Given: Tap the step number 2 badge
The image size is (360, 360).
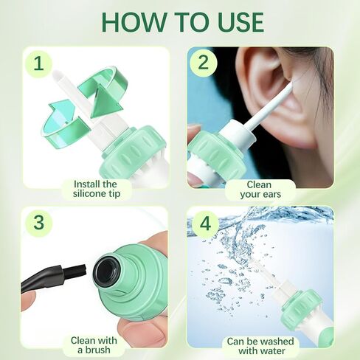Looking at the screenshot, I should (x=204, y=64).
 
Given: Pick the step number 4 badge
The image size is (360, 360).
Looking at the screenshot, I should (x=204, y=223).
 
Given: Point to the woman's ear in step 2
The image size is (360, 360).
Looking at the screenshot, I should (x=274, y=96).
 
